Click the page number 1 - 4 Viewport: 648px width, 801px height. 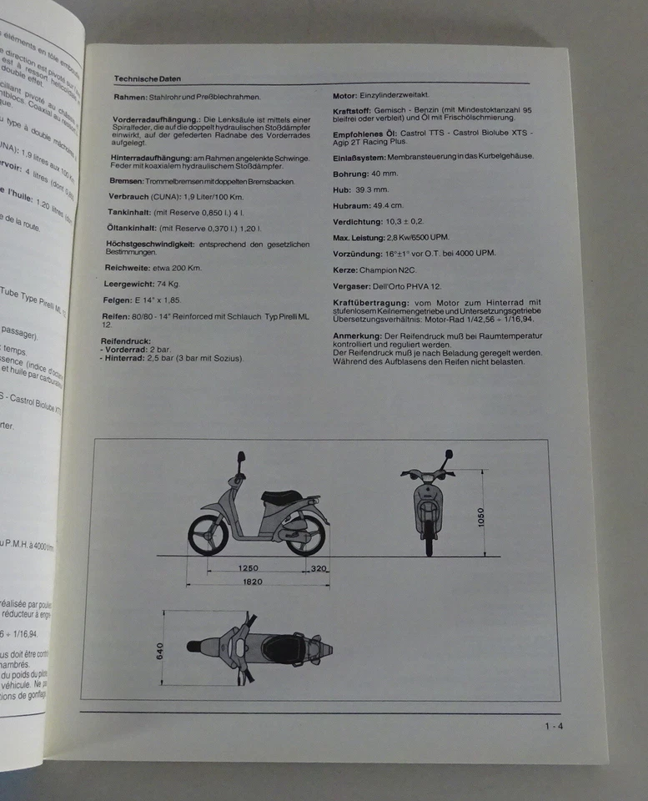pos(555,725)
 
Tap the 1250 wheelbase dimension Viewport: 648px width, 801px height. pos(249,568)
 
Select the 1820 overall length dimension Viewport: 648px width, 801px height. pos(254,582)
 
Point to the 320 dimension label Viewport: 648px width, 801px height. pos(318,568)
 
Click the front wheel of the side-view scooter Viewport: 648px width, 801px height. pos(208,535)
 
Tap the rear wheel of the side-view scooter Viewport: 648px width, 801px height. pos(305,534)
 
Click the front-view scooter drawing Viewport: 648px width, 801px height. pos(428,504)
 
